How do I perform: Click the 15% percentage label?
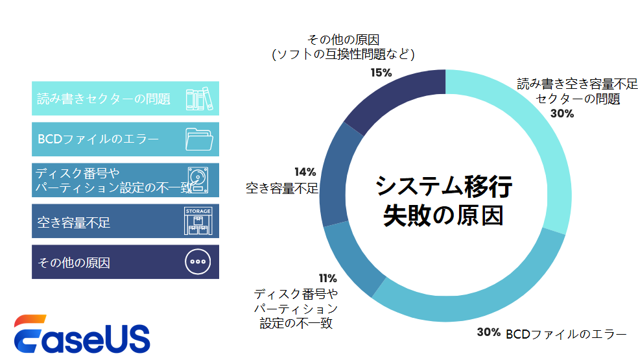coord(381,73)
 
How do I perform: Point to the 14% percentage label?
coord(305,172)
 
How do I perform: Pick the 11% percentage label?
coord(327,279)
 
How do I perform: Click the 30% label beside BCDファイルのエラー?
coord(488,333)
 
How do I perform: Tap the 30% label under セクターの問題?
coord(562,114)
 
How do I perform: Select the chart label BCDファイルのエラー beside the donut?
coord(566,334)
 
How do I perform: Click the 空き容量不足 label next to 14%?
coord(282,189)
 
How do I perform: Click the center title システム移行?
coord(445,187)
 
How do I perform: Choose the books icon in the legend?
coord(199,99)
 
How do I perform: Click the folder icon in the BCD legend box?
coord(199,139)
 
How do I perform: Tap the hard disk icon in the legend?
coord(199,180)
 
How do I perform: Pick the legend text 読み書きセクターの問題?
coord(104,99)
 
